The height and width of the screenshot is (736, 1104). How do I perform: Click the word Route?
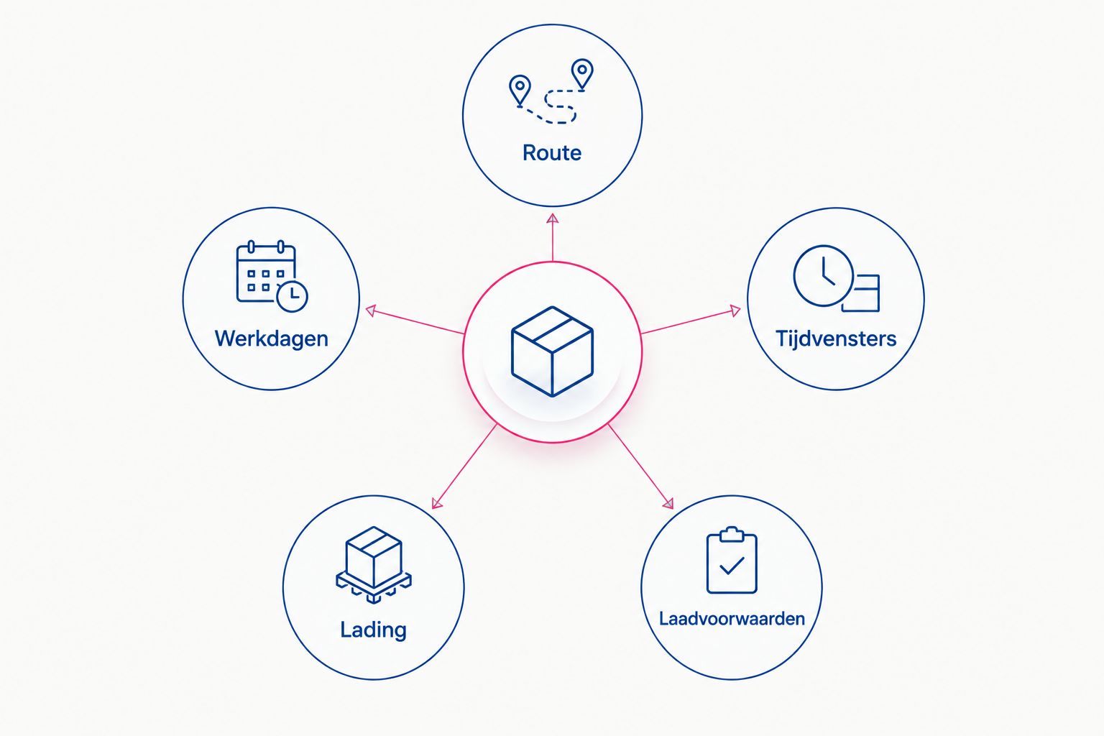point(552,153)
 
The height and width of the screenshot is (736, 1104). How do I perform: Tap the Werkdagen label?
point(272,339)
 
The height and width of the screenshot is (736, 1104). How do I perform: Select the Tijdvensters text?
point(836,339)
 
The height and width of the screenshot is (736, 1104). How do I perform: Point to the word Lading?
point(374,630)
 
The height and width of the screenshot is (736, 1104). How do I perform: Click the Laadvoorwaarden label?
point(732,619)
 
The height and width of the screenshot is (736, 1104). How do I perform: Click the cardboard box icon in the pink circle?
point(552,351)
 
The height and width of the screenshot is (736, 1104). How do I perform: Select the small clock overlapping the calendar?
point(293,296)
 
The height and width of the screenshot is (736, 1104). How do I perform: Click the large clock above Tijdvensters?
point(823,276)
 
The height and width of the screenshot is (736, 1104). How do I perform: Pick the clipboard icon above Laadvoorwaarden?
point(732,560)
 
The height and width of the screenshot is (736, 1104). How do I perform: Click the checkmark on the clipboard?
point(732,566)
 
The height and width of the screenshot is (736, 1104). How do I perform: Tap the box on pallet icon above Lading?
point(374,565)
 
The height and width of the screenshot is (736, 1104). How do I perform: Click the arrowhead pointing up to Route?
point(553,219)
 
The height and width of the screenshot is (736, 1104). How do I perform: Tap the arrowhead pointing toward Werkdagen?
point(371,310)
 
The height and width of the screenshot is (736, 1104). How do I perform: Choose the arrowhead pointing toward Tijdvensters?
point(735,310)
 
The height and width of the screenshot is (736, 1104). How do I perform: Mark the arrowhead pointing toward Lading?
point(437,502)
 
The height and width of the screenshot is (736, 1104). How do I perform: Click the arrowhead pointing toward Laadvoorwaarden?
point(668,502)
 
